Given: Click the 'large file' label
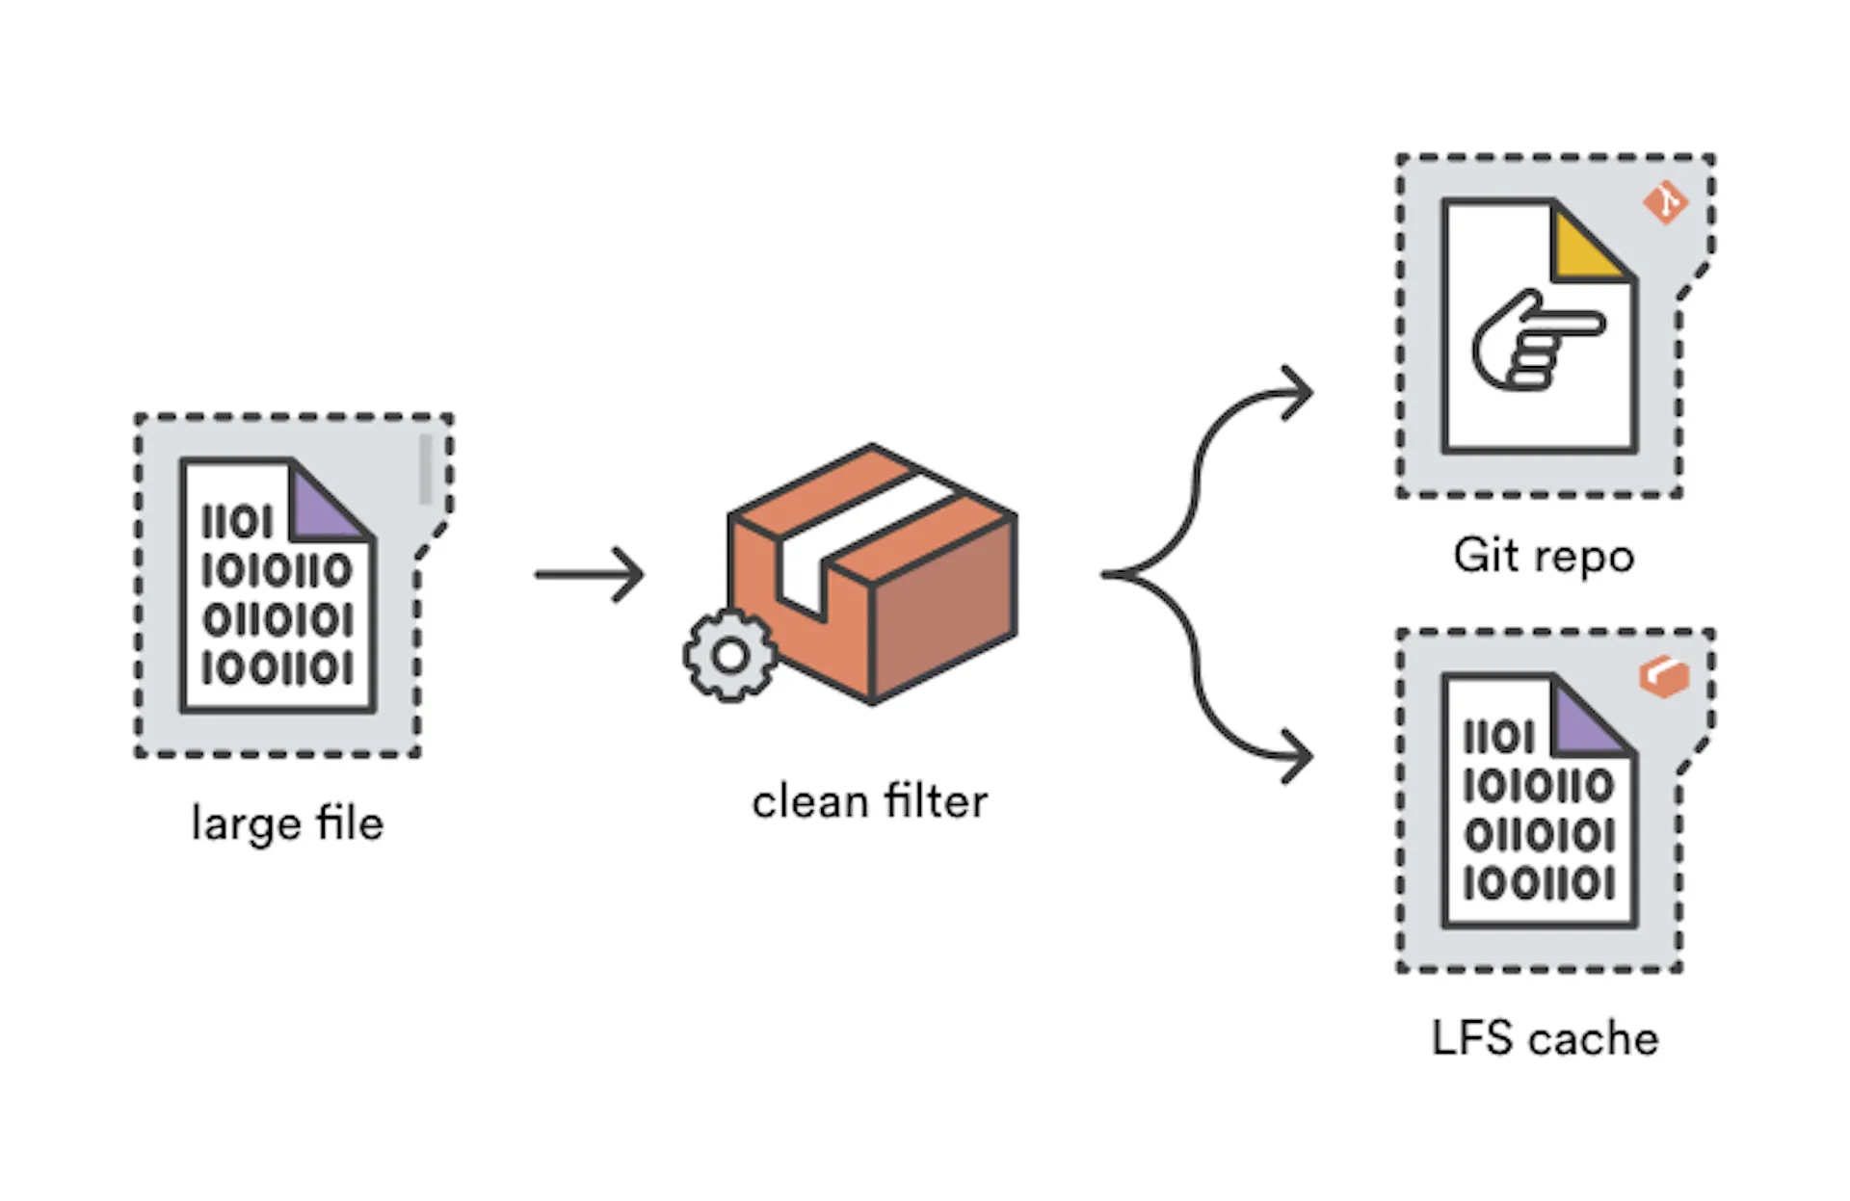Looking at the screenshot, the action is click(x=287, y=824).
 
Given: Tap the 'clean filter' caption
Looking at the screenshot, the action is click(x=870, y=801).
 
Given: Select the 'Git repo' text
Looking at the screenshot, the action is click(x=1544, y=557).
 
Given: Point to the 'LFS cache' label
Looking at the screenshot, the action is click(x=1545, y=1038).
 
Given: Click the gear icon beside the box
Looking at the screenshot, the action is click(x=729, y=656).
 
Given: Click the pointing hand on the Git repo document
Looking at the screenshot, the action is click(x=1538, y=340).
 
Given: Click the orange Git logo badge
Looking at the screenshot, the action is click(x=1665, y=203).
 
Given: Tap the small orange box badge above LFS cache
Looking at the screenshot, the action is click(x=1664, y=677).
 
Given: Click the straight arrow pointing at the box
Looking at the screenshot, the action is click(x=590, y=575).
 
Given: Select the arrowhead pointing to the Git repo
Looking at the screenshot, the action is click(x=1297, y=393).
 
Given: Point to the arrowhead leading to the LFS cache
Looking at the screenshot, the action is click(x=1297, y=756).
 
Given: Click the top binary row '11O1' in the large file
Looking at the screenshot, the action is click(x=237, y=523).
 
